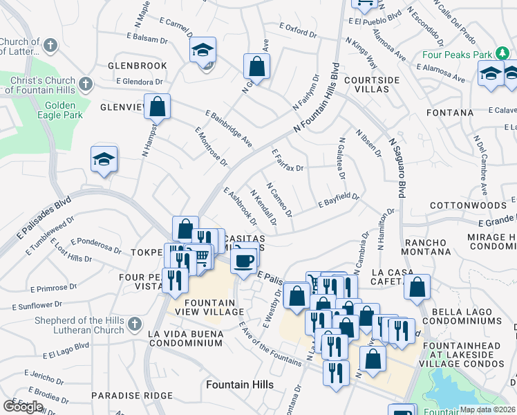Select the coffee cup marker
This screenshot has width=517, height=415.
pyautogui.click(x=243, y=261)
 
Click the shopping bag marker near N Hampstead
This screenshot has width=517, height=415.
pyautogui.click(x=158, y=107)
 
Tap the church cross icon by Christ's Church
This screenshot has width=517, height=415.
pyautogui.click(x=86, y=84)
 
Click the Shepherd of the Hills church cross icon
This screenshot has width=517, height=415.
pyautogui.click(x=136, y=323)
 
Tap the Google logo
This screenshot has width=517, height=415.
pyautogui.click(x=23, y=406)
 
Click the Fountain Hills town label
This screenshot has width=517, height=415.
pyautogui.click(x=239, y=385)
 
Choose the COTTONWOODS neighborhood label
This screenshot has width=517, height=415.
pyautogui.click(x=468, y=206)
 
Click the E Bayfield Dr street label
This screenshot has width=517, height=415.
pyautogui.click(x=339, y=201)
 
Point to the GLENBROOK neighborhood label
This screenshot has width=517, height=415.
pyautogui.click(x=138, y=66)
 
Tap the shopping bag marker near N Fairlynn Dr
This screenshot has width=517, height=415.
pyautogui.click(x=256, y=66)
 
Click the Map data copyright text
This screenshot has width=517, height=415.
pyautogui.click(x=488, y=409)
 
